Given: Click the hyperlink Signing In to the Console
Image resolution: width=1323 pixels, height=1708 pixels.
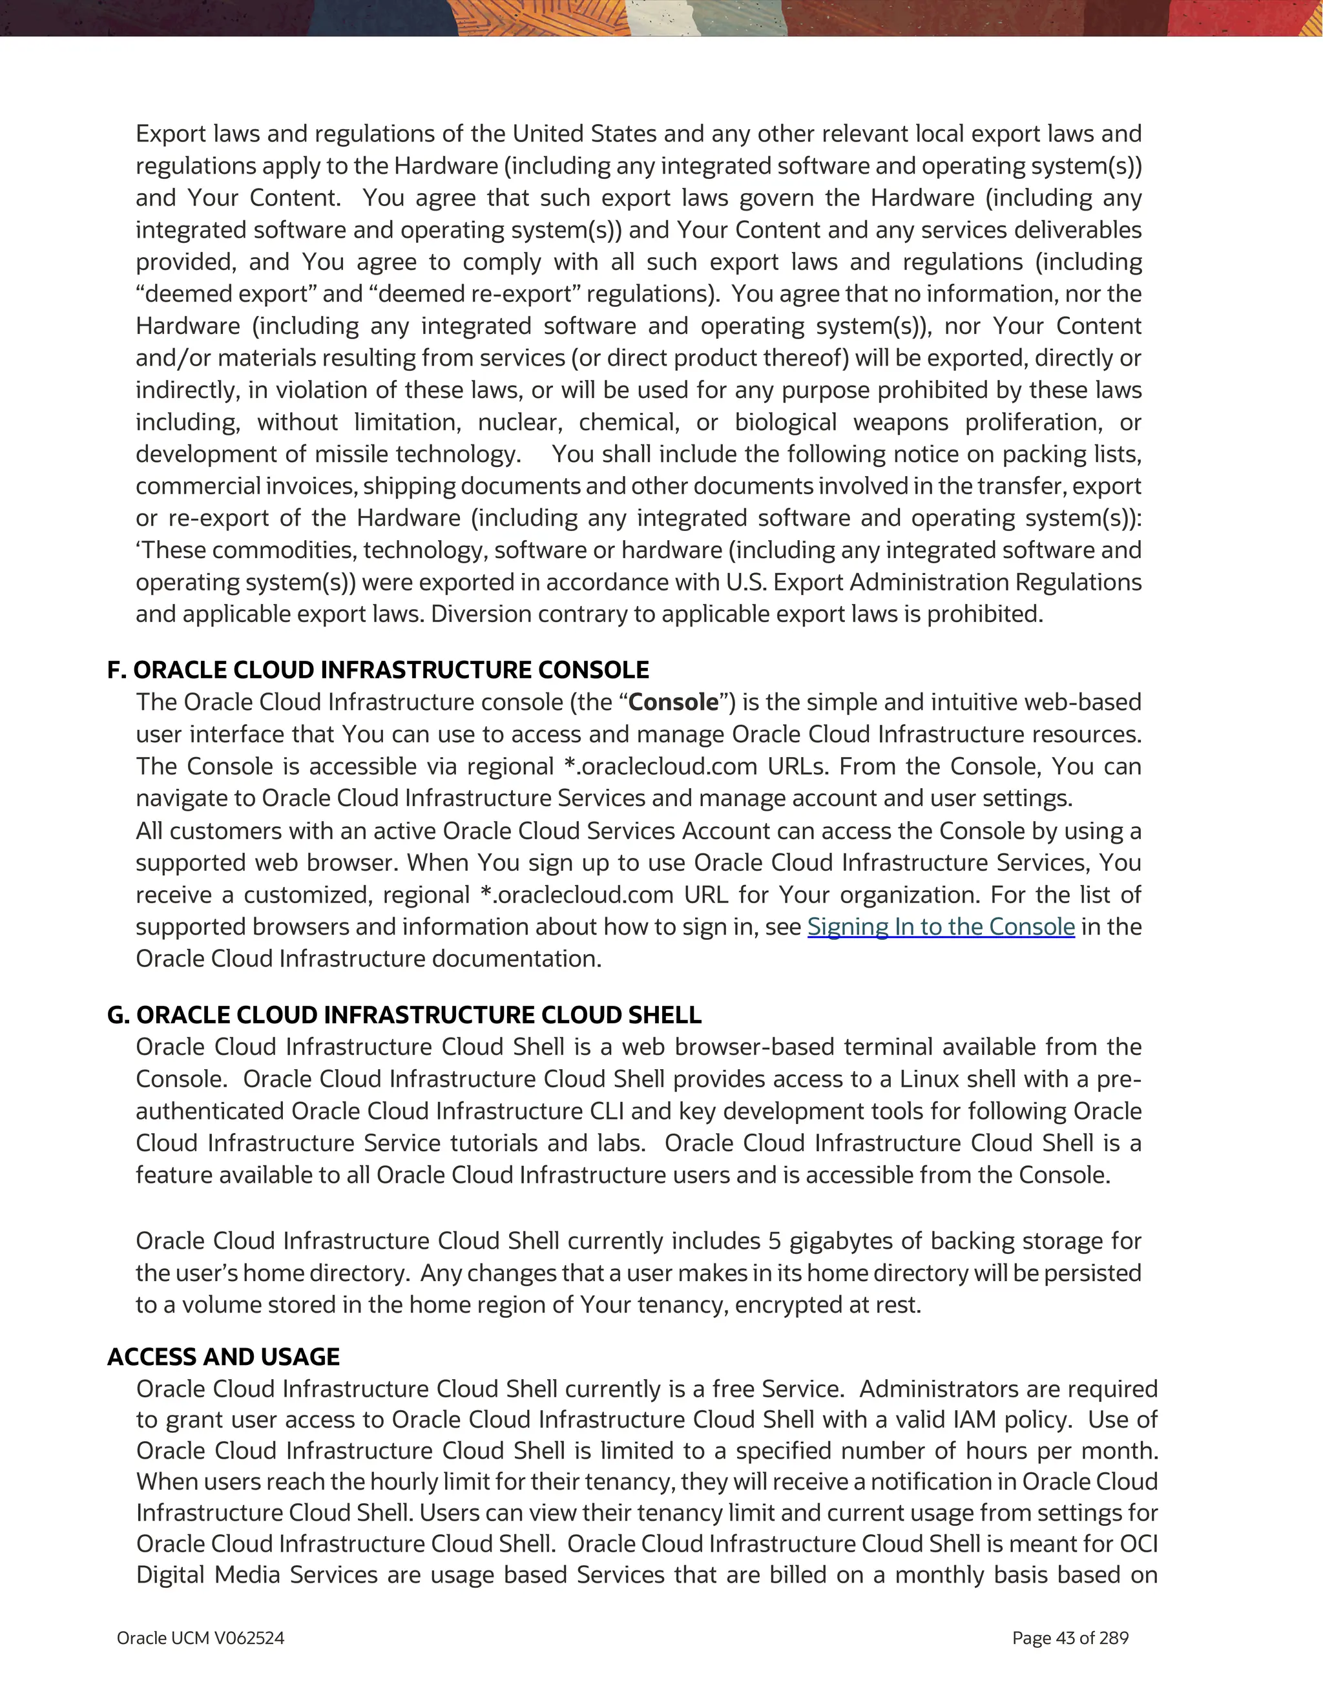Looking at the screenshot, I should [x=941, y=927].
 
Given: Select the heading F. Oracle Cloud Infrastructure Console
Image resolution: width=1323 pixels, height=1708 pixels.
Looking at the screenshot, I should [x=378, y=671].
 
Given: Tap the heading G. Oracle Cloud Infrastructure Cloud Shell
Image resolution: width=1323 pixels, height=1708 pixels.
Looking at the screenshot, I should [x=404, y=1015].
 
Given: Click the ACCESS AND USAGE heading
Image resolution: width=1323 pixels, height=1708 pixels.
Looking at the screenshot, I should [x=224, y=1357].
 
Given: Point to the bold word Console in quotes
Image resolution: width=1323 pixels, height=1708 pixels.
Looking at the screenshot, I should [x=672, y=702].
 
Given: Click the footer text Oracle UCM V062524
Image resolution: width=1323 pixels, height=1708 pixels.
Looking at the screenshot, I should [x=200, y=1638].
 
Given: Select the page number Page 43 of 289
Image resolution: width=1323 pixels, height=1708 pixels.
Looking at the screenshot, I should [x=1070, y=1638].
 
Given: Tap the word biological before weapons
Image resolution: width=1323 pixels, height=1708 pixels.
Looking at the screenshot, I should [x=785, y=423].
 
